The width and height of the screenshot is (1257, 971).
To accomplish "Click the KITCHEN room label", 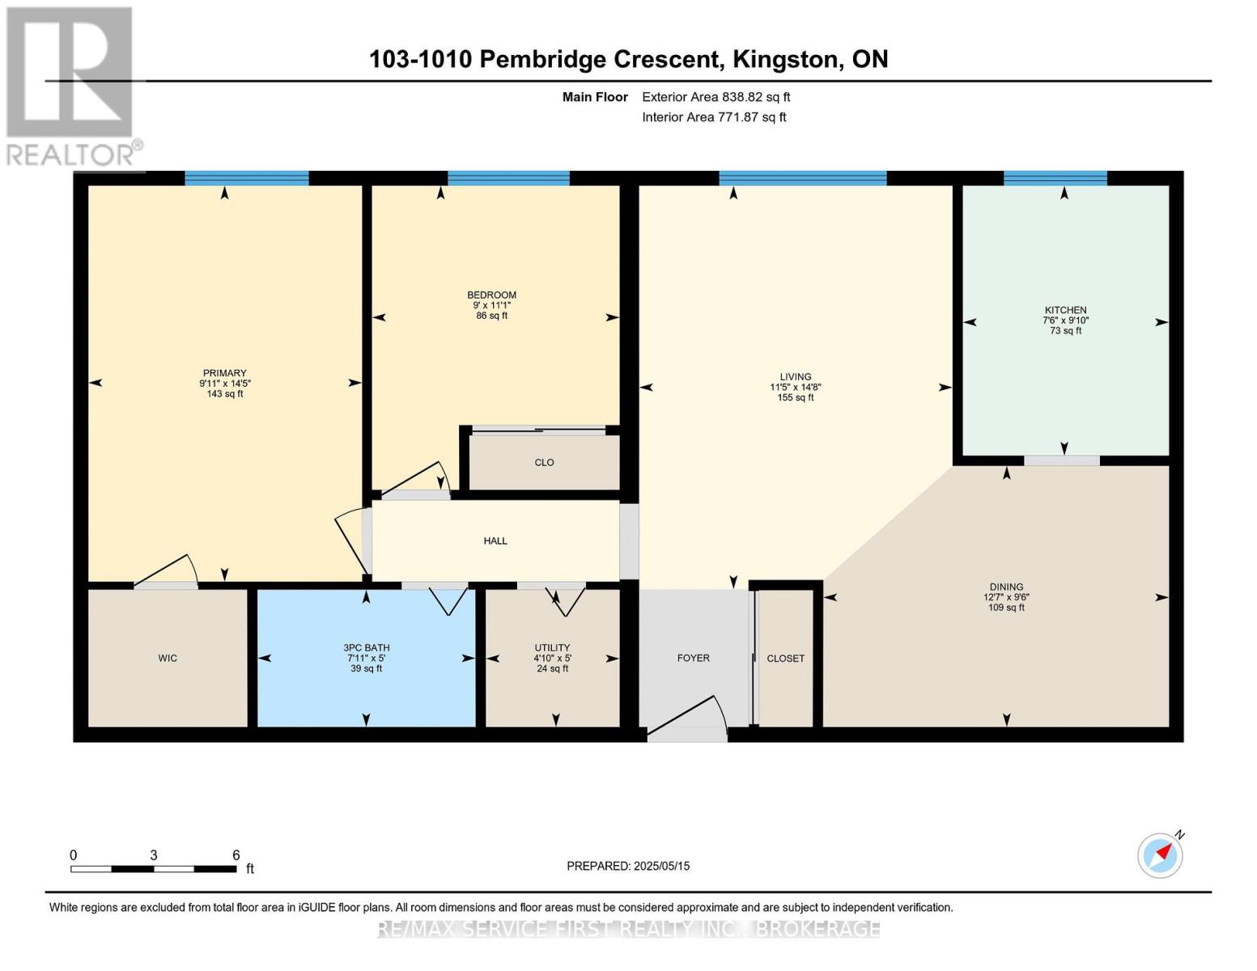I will (1065, 310).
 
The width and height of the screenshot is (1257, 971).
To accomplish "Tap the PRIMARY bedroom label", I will (224, 373).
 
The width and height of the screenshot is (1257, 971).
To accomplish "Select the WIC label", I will (168, 658).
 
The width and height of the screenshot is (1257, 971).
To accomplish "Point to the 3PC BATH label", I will (366, 647).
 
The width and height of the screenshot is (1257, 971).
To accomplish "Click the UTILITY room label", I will (552, 647).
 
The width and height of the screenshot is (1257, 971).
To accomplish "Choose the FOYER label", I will (693, 658).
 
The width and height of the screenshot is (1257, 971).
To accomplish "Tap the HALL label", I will (495, 541).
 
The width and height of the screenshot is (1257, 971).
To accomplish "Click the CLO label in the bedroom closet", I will (544, 462).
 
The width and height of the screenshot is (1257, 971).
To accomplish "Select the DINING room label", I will (1006, 587).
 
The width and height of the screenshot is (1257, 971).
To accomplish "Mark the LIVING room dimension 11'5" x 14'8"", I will (796, 388).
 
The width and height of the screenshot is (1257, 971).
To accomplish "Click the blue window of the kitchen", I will (1055, 178).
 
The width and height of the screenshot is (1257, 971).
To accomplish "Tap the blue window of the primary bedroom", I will (247, 178).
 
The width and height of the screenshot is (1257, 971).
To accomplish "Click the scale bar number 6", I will (236, 855).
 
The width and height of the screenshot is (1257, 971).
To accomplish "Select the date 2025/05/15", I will (661, 866).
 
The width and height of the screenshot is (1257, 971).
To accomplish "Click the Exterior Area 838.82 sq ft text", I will (716, 97).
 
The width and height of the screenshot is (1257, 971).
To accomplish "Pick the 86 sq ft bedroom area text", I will (491, 316).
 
